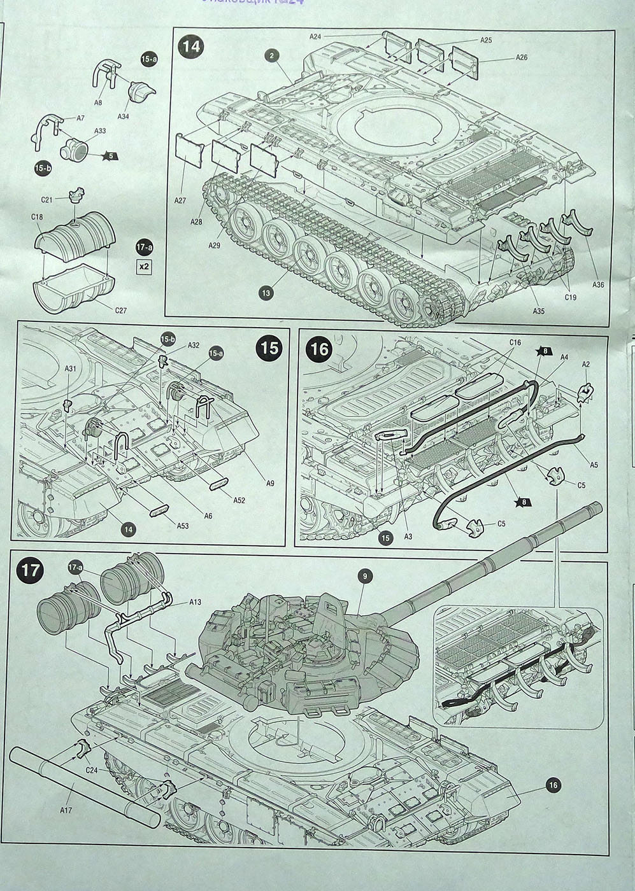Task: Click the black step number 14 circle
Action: click(x=190, y=48)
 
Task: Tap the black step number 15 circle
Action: click(x=270, y=348)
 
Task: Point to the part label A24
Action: click(x=315, y=37)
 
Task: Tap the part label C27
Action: click(x=122, y=310)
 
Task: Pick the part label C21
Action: click(x=46, y=200)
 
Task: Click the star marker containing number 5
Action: click(x=109, y=155)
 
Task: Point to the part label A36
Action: click(x=597, y=284)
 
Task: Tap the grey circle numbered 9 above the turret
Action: click(x=364, y=577)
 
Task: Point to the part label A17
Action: click(x=66, y=810)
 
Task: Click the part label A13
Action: click(x=195, y=601)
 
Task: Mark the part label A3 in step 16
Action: click(x=409, y=537)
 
